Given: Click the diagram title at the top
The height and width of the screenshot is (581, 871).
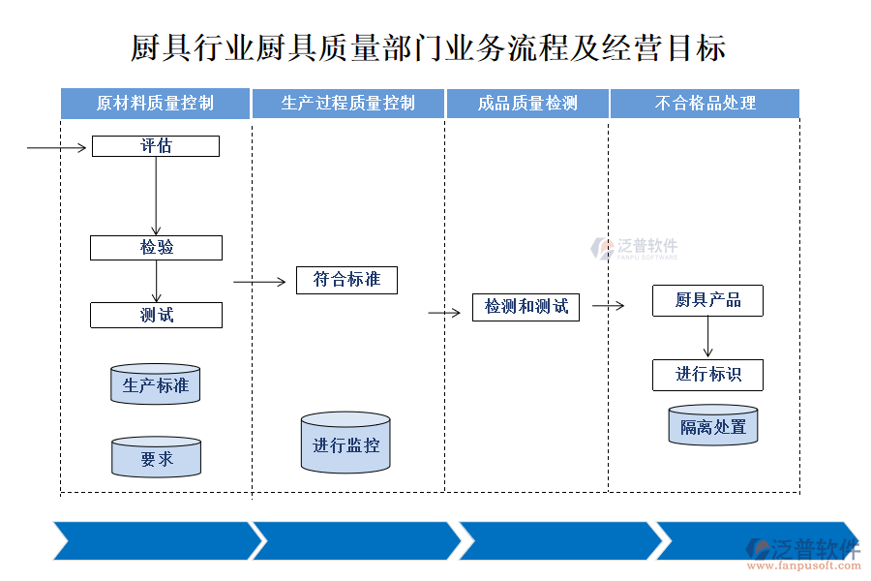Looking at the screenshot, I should (x=428, y=47).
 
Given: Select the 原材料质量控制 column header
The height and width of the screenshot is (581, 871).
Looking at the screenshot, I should (x=155, y=104).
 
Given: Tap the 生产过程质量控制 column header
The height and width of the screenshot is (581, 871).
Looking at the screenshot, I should (x=347, y=104).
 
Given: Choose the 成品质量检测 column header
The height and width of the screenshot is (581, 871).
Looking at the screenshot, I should (x=527, y=104).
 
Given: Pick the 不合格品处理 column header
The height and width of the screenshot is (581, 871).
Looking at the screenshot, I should (x=705, y=104).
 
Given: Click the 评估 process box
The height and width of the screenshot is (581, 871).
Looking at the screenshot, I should (x=156, y=146).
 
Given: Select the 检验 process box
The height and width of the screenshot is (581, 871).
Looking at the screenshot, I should (x=156, y=247).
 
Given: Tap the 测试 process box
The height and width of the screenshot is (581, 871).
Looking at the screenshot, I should (x=156, y=315).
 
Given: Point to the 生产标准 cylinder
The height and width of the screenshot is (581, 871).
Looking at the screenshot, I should (x=155, y=384).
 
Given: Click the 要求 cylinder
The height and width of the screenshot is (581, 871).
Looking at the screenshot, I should (x=156, y=457).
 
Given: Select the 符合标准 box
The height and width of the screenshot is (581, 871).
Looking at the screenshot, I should (x=346, y=280).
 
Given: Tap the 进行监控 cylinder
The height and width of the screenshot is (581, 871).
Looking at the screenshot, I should (x=345, y=444).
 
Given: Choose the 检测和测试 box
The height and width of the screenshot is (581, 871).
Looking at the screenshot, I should (x=526, y=307).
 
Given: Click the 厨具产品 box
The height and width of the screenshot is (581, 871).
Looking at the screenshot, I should (x=707, y=300).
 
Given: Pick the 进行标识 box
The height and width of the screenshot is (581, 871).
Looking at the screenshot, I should (x=707, y=375).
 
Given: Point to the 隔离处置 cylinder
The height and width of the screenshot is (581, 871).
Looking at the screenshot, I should (x=713, y=425).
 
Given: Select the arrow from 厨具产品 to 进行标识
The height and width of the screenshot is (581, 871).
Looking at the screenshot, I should (x=707, y=337).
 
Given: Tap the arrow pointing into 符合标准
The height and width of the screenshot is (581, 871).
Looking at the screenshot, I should (x=263, y=283).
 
